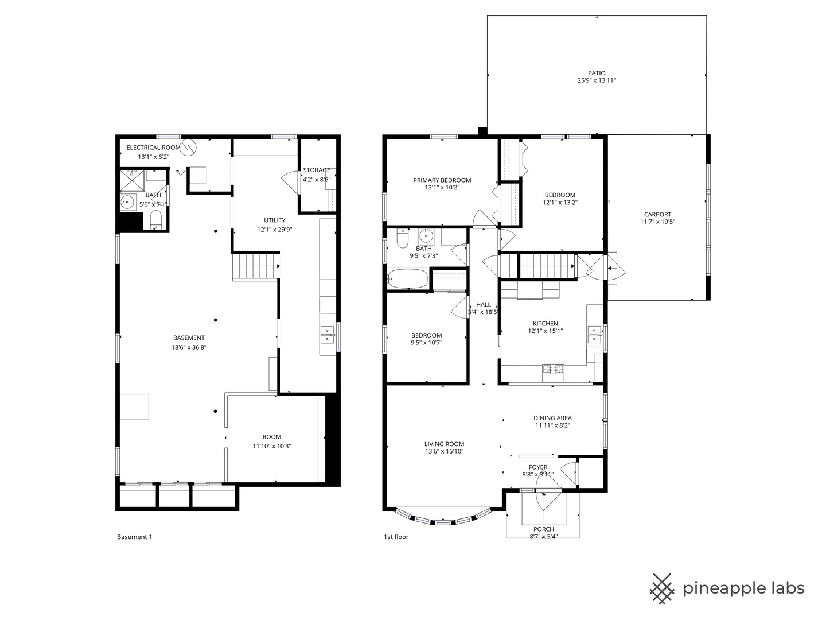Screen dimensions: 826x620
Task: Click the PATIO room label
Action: tap(597, 73)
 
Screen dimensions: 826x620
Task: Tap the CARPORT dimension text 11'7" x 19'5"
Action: tap(658, 222)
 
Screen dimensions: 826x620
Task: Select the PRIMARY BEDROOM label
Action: tap(442, 180)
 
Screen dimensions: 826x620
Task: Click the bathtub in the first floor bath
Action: tap(407, 278)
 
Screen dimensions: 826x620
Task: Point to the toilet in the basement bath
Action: tap(156, 219)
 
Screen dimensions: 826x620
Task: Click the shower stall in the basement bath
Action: tap(132, 181)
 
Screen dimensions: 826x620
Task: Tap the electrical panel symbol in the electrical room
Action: tap(189, 147)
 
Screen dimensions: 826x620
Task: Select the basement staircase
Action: tap(256, 266)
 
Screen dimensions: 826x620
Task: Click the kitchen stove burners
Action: tap(553, 369)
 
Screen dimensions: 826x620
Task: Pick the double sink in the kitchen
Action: tap(595, 335)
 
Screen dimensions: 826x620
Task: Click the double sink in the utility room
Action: tap(328, 335)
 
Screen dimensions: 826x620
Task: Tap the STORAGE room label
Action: tap(317, 170)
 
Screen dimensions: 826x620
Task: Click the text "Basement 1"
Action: tap(134, 537)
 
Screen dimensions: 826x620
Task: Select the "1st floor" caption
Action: tap(396, 537)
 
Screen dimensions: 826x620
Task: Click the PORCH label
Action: tap(544, 529)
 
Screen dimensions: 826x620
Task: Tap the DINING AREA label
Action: tap(552, 418)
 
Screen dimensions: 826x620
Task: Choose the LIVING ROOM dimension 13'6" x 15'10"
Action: tap(444, 451)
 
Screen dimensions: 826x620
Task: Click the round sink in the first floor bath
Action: tap(426, 235)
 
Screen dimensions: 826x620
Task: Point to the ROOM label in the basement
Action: tap(272, 437)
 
